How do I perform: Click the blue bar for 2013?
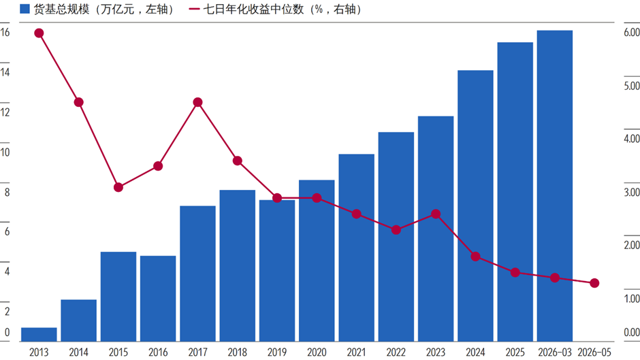[x=39, y=334]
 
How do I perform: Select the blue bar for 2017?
[x=197, y=274]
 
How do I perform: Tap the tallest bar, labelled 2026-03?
[x=555, y=186]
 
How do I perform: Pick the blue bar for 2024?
[x=475, y=206]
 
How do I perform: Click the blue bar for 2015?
[x=118, y=296]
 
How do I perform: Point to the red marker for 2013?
[x=39, y=33]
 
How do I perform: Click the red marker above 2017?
[x=197, y=102]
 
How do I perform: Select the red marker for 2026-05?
[x=594, y=283]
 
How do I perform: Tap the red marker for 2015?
[x=118, y=187]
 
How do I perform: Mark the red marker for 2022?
[x=396, y=230]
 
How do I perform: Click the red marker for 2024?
[x=475, y=257]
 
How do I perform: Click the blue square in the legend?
[x=25, y=9]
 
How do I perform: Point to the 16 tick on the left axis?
[x=5, y=32]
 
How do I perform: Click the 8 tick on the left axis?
[x=7, y=192]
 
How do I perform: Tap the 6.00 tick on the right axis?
[x=631, y=32]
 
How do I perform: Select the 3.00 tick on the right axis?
[x=631, y=192]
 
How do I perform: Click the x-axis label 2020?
[x=317, y=352]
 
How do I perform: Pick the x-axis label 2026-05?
[x=594, y=352]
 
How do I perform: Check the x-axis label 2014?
[x=79, y=352]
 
